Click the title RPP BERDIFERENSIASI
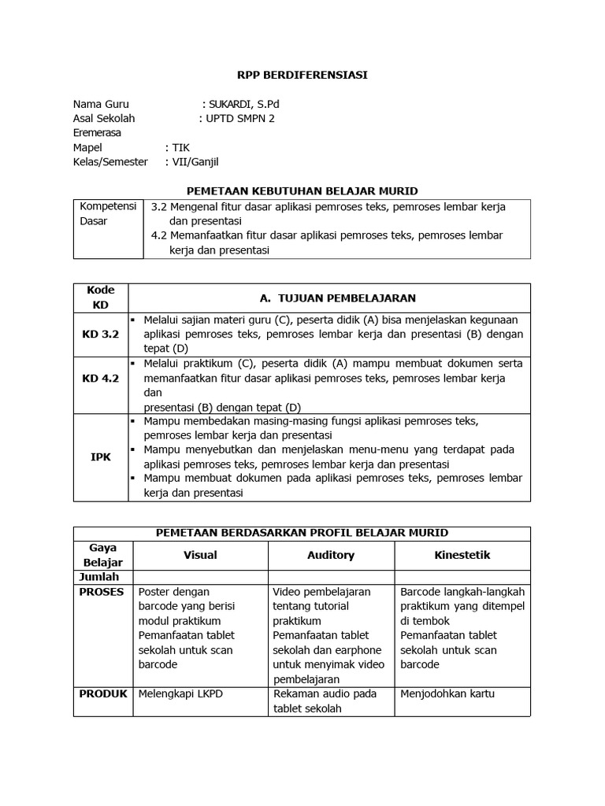(x=302, y=75)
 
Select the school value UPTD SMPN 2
(x=241, y=118)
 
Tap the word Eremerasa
(x=98, y=133)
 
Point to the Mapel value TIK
(x=181, y=147)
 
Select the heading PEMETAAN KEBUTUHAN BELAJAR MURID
(x=302, y=190)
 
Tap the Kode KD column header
(x=100, y=298)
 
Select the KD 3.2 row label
(x=100, y=335)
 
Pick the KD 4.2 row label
(x=100, y=379)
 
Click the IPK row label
(x=100, y=457)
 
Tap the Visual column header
(x=200, y=555)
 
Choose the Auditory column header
(x=331, y=555)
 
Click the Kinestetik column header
(x=462, y=555)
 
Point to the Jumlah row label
(x=99, y=577)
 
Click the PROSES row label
(x=102, y=592)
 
